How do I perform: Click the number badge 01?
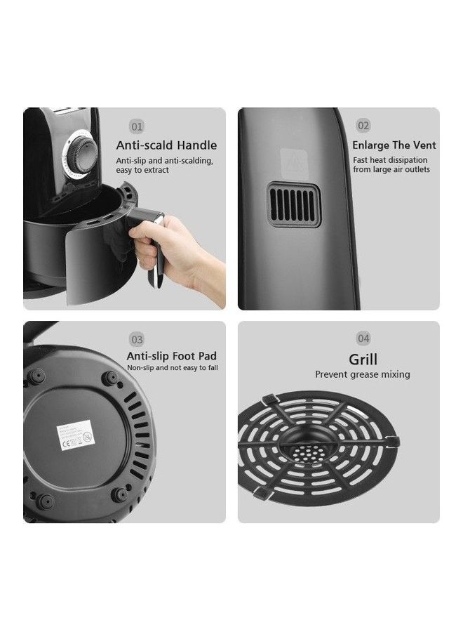coord(137,126)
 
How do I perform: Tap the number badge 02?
coord(363,126)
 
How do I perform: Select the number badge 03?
coord(137,339)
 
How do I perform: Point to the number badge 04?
coord(363,339)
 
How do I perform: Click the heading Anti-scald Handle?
coord(166,145)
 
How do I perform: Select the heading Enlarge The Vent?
coord(394,145)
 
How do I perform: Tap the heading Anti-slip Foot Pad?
coord(172,356)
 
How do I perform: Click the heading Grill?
coord(363,360)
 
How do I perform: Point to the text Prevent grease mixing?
coord(362,375)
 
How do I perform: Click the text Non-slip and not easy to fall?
coord(172,368)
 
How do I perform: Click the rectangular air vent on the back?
coord(293,204)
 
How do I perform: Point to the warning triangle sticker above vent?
coord(290,161)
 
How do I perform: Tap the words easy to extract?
coord(142,170)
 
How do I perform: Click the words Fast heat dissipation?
coord(389,160)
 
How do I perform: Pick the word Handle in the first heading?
coord(197,145)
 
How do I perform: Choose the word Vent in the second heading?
coord(423,145)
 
